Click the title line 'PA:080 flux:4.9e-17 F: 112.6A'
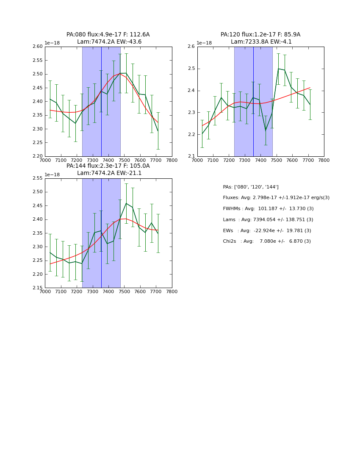coord(108,35)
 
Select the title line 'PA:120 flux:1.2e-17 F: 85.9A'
coord(260,35)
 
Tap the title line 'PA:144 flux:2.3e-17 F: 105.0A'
coord(108,166)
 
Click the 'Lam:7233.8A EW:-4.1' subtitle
coord(260,42)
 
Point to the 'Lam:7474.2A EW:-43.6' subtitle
coord(109,42)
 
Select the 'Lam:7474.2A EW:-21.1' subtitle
coord(109,173)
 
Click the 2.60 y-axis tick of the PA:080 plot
coord(38,47)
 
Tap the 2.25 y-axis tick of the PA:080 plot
coord(38,143)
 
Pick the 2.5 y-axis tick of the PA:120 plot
coord(191,69)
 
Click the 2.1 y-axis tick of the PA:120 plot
coord(191,156)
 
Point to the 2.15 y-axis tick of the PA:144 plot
coord(38,288)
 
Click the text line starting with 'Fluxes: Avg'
coord(276,198)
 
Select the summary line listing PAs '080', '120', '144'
coord(251,187)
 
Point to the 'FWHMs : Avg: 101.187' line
coord(268,209)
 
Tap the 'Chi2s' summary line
coord(267,241)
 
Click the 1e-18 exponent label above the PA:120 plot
coord(204,43)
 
